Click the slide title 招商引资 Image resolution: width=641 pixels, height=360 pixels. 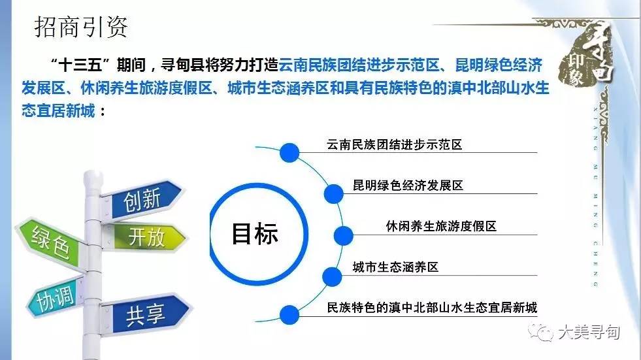click(81, 27)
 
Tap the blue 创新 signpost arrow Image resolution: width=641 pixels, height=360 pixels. click(142, 200)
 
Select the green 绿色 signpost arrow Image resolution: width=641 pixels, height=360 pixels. click(51, 244)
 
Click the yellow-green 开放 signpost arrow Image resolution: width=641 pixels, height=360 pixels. click(144, 237)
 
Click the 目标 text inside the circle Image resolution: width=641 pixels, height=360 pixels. click(255, 234)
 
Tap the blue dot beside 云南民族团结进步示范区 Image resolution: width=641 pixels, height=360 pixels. click(289, 153)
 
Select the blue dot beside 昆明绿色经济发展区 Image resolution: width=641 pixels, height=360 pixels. click(334, 193)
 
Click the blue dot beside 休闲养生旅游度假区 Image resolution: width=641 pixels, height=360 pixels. click(344, 235)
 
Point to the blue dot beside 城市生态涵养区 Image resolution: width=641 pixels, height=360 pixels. click(332, 276)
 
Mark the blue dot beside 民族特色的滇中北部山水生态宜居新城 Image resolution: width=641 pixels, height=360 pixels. click(289, 315)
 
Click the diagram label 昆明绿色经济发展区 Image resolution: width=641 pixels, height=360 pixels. click(408, 186)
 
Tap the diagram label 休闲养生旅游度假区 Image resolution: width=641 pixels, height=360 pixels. click(441, 226)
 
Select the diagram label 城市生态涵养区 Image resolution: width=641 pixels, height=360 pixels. click(395, 267)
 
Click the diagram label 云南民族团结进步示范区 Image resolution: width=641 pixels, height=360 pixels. click(394, 144)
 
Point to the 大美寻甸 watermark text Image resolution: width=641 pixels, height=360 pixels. click(589, 332)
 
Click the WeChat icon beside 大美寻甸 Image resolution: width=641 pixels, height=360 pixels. click(540, 331)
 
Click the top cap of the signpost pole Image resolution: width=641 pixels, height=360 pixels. click(93, 177)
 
